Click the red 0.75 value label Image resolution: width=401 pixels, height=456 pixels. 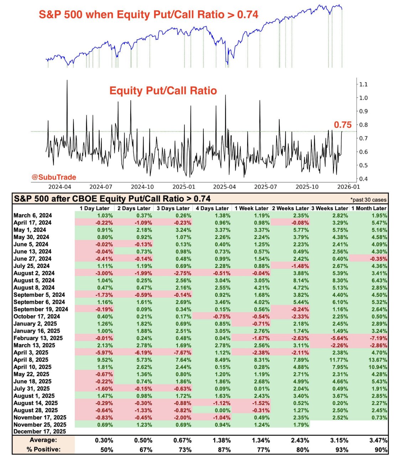[x=343, y=125]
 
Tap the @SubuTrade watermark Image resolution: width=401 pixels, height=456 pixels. [x=54, y=177]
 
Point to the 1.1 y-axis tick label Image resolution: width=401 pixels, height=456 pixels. [x=363, y=84]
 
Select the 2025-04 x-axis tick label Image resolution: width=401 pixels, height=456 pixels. [x=224, y=187]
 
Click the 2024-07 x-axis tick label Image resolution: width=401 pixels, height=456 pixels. [x=101, y=187]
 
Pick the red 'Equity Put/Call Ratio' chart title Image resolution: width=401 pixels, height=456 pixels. [x=163, y=90]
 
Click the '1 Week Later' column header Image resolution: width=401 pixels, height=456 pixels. [x=251, y=208]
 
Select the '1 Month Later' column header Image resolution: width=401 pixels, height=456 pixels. [x=369, y=208]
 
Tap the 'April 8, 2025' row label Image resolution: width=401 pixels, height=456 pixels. [x=31, y=360]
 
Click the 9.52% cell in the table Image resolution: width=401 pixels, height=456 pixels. [x=105, y=360]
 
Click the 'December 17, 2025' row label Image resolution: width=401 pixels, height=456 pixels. [x=40, y=431]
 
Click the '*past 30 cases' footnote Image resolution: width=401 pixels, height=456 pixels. [x=368, y=200]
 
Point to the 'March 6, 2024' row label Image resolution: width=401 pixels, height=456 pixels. [x=32, y=216]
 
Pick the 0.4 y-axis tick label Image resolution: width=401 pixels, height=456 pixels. [x=363, y=179]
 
